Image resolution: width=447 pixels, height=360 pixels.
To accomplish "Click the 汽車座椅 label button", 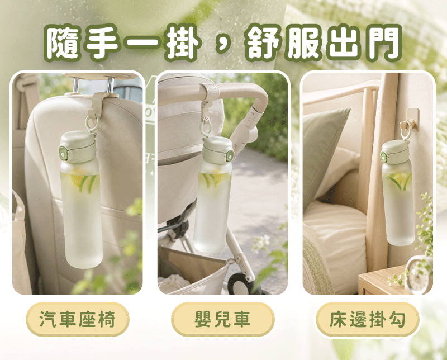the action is (x=78, y=319).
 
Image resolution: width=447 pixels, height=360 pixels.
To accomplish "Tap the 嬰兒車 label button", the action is (x=222, y=319).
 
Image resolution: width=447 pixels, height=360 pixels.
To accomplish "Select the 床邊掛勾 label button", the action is (x=368, y=319).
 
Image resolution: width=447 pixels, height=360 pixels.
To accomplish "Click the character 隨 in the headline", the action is (x=62, y=42).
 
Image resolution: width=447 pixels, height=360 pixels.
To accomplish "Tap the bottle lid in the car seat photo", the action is (x=78, y=147).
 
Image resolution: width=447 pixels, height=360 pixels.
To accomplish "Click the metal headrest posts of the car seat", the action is (x=93, y=84).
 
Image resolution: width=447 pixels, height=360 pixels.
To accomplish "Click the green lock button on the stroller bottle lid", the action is (x=230, y=158).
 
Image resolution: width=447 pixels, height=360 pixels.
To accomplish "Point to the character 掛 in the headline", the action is (x=183, y=42).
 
